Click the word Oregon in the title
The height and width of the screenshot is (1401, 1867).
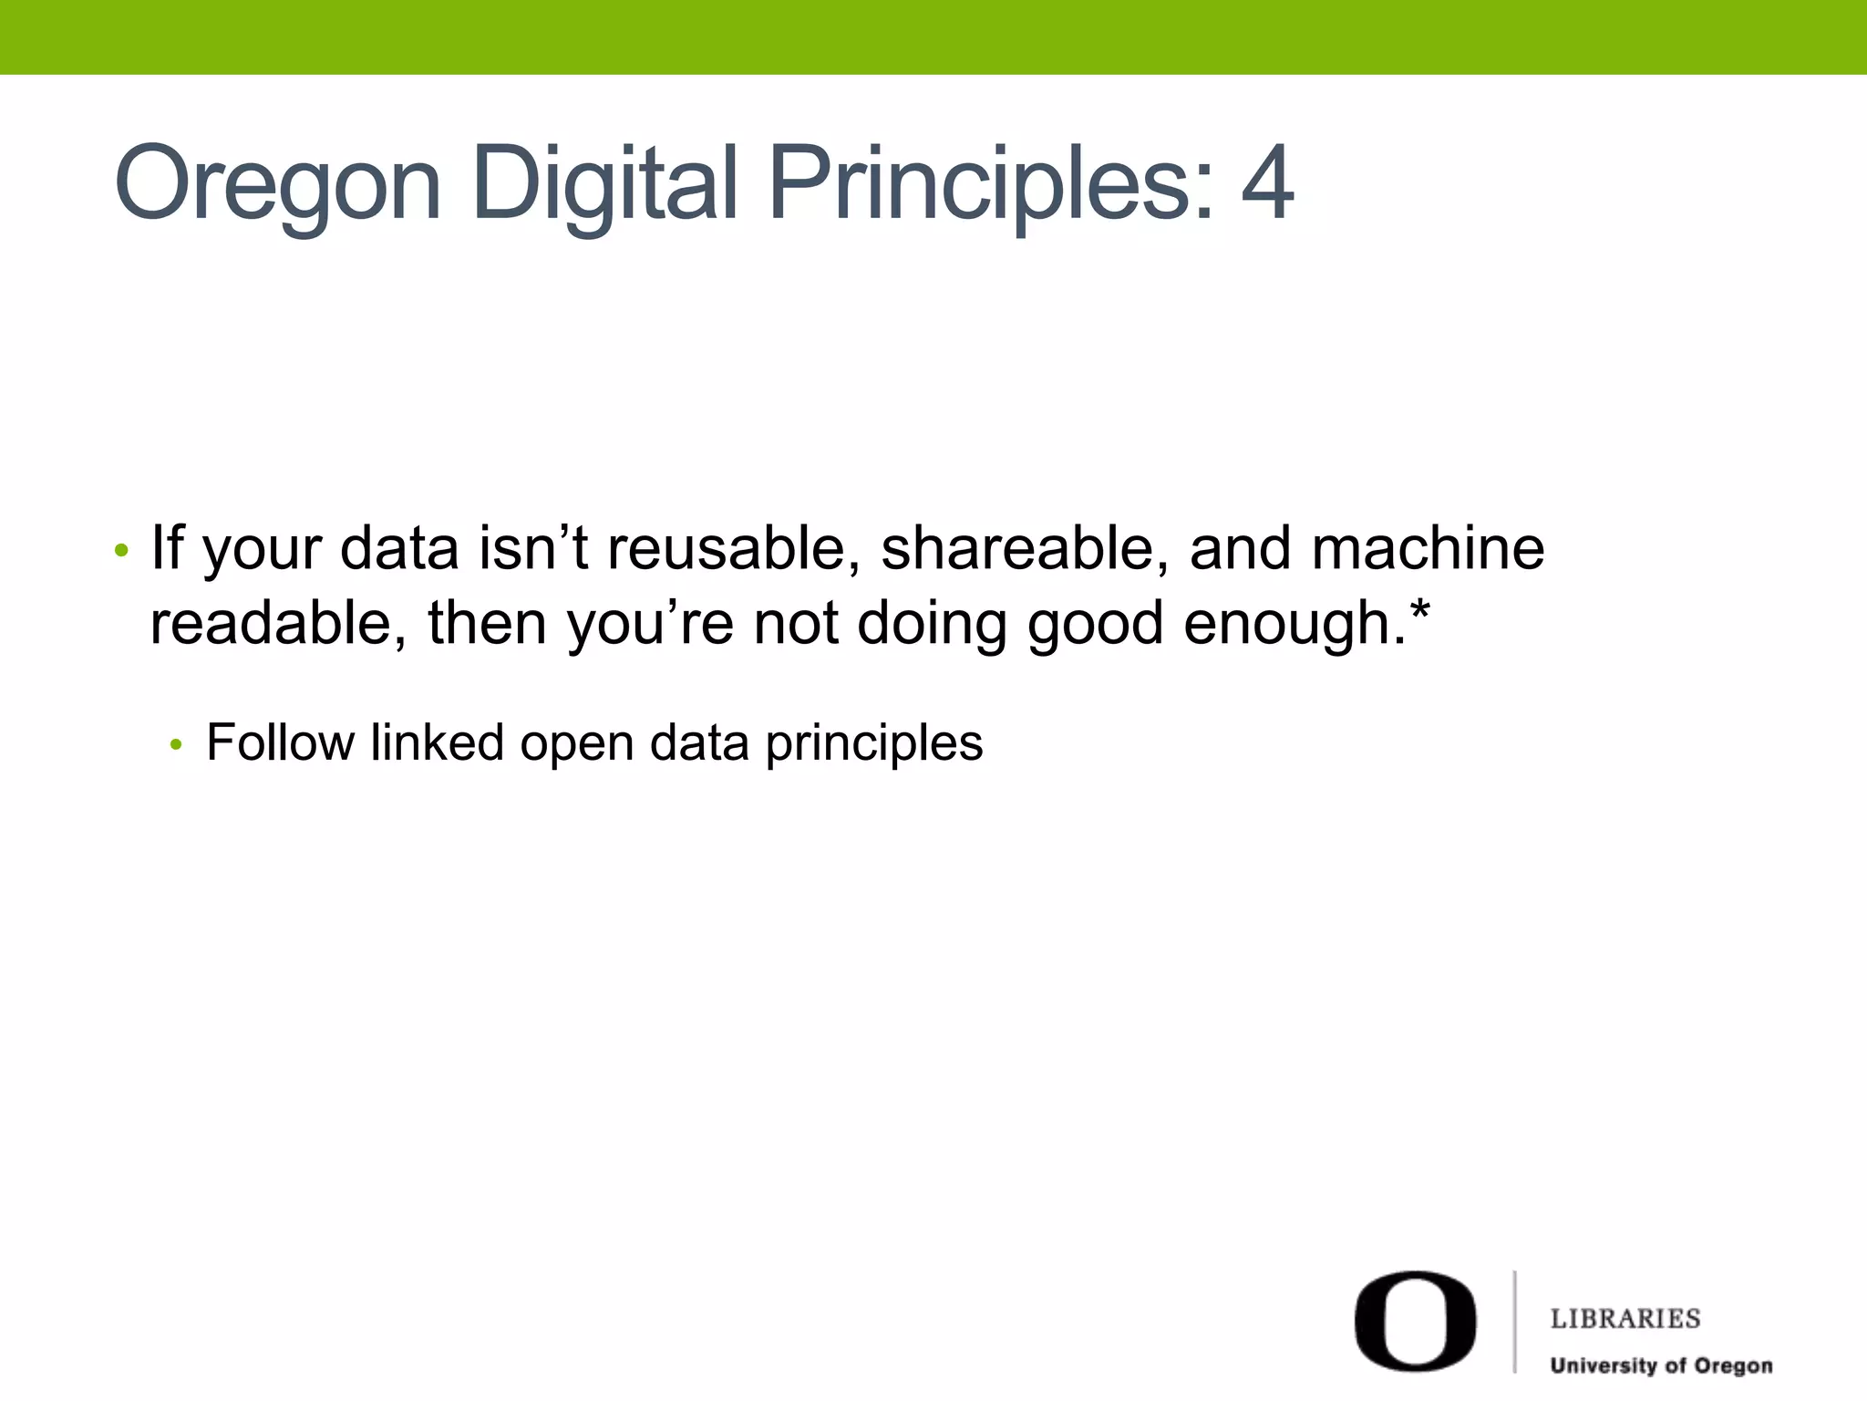click(x=278, y=185)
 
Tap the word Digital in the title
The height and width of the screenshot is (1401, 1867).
click(x=604, y=185)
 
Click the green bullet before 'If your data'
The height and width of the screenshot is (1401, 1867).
click(x=121, y=551)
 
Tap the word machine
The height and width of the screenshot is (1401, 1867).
click(x=1428, y=549)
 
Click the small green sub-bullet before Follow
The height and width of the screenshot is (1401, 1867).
click(x=177, y=745)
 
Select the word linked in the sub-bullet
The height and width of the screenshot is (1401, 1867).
click(x=437, y=742)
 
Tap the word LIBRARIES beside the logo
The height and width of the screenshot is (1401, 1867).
click(x=1625, y=1319)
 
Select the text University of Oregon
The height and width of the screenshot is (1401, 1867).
click(x=1661, y=1365)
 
